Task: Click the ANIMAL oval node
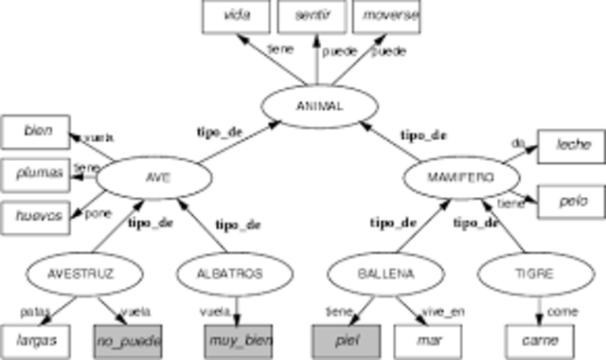click(x=313, y=106)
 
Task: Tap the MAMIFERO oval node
click(x=461, y=177)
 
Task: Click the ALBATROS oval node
click(x=231, y=275)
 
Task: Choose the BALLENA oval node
click(x=384, y=275)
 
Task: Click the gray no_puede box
click(x=127, y=338)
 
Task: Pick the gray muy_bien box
click(x=239, y=338)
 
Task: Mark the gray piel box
click(x=348, y=338)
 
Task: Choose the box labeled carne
click(x=540, y=338)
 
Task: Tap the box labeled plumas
click(x=37, y=173)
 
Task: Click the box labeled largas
click(x=37, y=338)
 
